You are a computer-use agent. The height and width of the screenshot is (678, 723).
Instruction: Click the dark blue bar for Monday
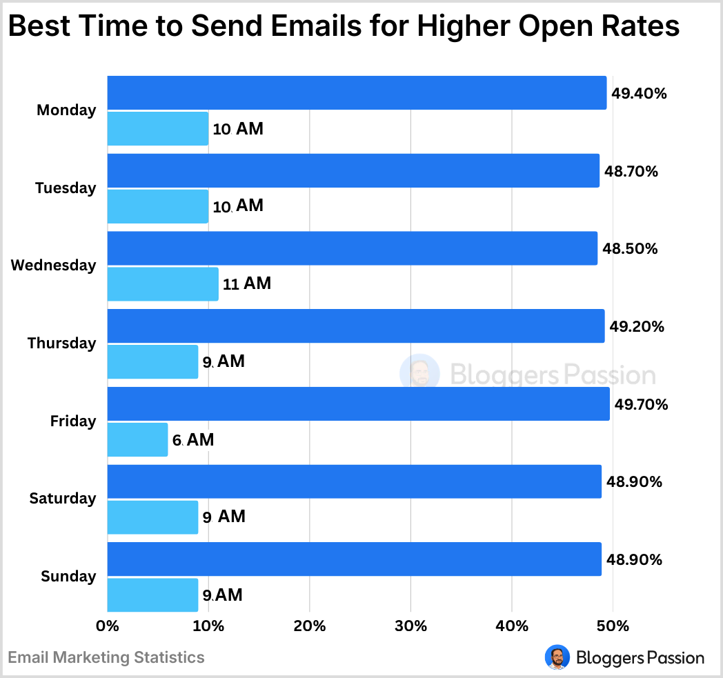(x=357, y=93)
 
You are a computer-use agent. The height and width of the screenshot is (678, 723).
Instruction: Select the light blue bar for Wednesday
(x=163, y=284)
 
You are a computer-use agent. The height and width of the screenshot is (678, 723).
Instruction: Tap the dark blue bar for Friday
(x=358, y=404)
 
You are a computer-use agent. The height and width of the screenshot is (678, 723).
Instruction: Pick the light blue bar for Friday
(x=137, y=439)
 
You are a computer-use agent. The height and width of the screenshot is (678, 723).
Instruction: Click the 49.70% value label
(x=641, y=405)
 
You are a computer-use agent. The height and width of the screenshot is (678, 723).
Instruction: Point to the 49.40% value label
(x=640, y=94)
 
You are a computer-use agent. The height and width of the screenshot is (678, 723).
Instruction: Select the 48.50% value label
(x=630, y=249)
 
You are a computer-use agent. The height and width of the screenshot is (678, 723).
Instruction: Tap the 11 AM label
(x=247, y=283)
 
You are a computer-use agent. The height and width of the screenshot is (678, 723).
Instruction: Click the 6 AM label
(x=193, y=439)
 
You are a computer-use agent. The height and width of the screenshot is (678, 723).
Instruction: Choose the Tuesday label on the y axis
(x=66, y=188)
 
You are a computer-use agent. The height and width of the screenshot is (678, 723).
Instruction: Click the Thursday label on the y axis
(x=61, y=343)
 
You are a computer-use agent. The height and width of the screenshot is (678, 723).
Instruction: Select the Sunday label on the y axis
(x=68, y=577)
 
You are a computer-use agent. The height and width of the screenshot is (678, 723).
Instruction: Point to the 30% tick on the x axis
(x=410, y=626)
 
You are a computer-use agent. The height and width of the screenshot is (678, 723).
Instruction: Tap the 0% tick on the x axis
(x=108, y=626)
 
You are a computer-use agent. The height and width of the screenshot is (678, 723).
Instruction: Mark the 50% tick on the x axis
(x=613, y=626)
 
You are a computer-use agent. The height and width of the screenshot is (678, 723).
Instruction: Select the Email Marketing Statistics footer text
(x=106, y=657)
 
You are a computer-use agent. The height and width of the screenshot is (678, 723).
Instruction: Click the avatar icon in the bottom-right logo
(x=557, y=657)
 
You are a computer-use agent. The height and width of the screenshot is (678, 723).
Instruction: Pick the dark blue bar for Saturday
(x=354, y=481)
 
